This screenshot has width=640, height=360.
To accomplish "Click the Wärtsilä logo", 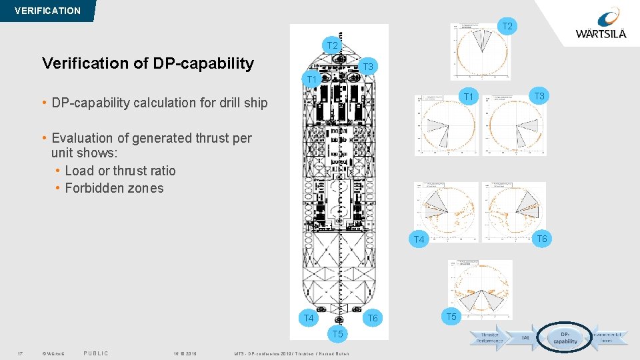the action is pos(602,25).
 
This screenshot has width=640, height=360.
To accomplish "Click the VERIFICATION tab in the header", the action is pos(47,11).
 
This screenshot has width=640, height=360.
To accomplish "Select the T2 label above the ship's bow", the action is pos(333,45).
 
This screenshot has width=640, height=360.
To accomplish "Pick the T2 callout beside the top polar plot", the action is pos(507,27).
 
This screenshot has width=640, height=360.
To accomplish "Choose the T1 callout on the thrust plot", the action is pos(469,97).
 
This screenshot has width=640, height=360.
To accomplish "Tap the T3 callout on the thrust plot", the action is pos(539,97).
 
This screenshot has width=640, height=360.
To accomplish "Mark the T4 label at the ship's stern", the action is pos(309,318).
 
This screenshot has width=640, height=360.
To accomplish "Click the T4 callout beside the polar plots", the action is pos(419,239).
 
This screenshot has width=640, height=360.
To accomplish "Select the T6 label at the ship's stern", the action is pos(372,318).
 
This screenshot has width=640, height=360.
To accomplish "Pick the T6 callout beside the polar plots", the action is pos(541,239).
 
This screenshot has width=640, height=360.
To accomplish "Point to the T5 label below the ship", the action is pos(337,333).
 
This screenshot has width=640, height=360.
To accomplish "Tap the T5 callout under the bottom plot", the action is pos(451,316).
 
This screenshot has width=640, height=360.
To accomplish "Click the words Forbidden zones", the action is pos(114,188).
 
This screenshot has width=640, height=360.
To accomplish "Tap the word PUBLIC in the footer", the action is pos(96,353).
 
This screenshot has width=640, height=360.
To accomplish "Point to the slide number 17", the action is pos(21,353).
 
